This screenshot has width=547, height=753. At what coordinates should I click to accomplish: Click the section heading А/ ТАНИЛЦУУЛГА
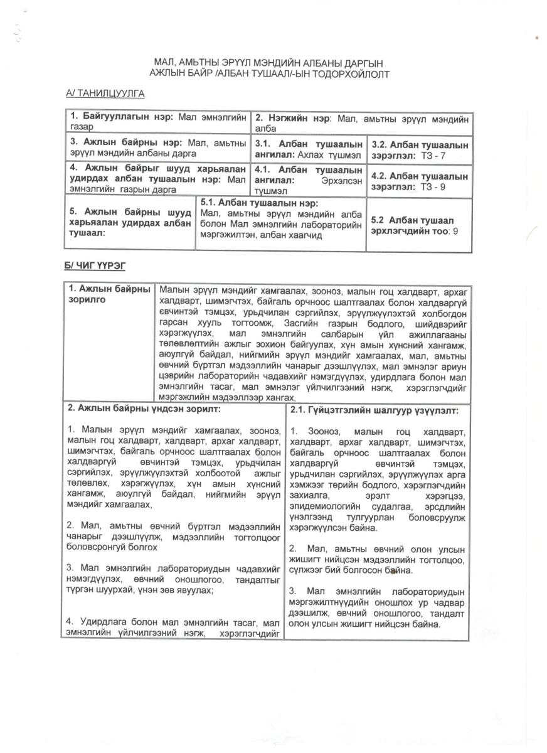click(x=105, y=93)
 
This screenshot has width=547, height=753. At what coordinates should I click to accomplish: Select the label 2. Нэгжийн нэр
click(x=294, y=117)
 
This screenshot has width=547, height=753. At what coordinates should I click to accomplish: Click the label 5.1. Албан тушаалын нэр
click(x=260, y=203)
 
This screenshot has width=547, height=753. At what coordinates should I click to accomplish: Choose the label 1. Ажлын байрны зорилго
click(x=109, y=294)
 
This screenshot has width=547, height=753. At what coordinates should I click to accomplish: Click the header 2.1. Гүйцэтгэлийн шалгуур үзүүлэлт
click(x=374, y=410)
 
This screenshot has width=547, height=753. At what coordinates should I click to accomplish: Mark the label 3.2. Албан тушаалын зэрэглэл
click(x=419, y=149)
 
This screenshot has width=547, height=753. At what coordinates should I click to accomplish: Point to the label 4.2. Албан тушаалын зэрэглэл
click(x=419, y=181)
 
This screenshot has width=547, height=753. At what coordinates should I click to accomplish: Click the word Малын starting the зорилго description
click(x=174, y=291)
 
